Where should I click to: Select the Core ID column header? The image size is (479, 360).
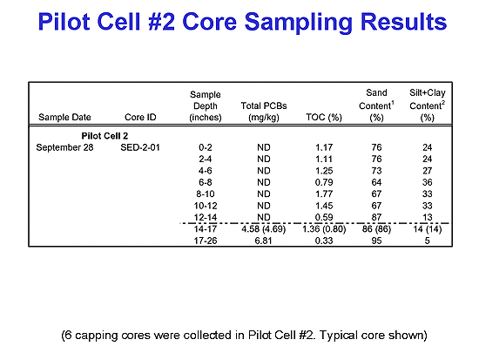pyautogui.click(x=140, y=117)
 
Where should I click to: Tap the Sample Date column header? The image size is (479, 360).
pyautogui.click(x=64, y=117)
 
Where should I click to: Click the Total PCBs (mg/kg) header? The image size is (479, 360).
pyautogui.click(x=264, y=112)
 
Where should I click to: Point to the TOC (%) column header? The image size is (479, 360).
pyautogui.click(x=324, y=117)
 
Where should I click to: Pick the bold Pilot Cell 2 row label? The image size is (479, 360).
pyautogui.click(x=105, y=136)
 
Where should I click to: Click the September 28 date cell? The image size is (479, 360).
pyautogui.click(x=64, y=147)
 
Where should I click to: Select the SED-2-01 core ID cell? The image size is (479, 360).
pyautogui.click(x=140, y=147)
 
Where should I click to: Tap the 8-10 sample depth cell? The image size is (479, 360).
pyautogui.click(x=206, y=194)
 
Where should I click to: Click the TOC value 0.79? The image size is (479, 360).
pyautogui.click(x=324, y=182)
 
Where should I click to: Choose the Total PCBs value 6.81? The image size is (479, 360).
pyautogui.click(x=263, y=241)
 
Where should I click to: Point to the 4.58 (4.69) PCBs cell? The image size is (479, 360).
pyautogui.click(x=264, y=229)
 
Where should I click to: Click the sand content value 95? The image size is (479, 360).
pyautogui.click(x=376, y=241)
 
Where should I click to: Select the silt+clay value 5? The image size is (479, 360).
pyautogui.click(x=427, y=241)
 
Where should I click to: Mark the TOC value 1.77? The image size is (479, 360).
pyautogui.click(x=324, y=194)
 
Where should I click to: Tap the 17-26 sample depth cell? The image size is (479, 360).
pyautogui.click(x=206, y=241)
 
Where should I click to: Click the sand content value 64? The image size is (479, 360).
pyautogui.click(x=376, y=182)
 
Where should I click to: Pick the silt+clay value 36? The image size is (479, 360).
pyautogui.click(x=427, y=182)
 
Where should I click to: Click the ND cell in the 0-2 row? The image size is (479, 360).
pyautogui.click(x=264, y=147)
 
